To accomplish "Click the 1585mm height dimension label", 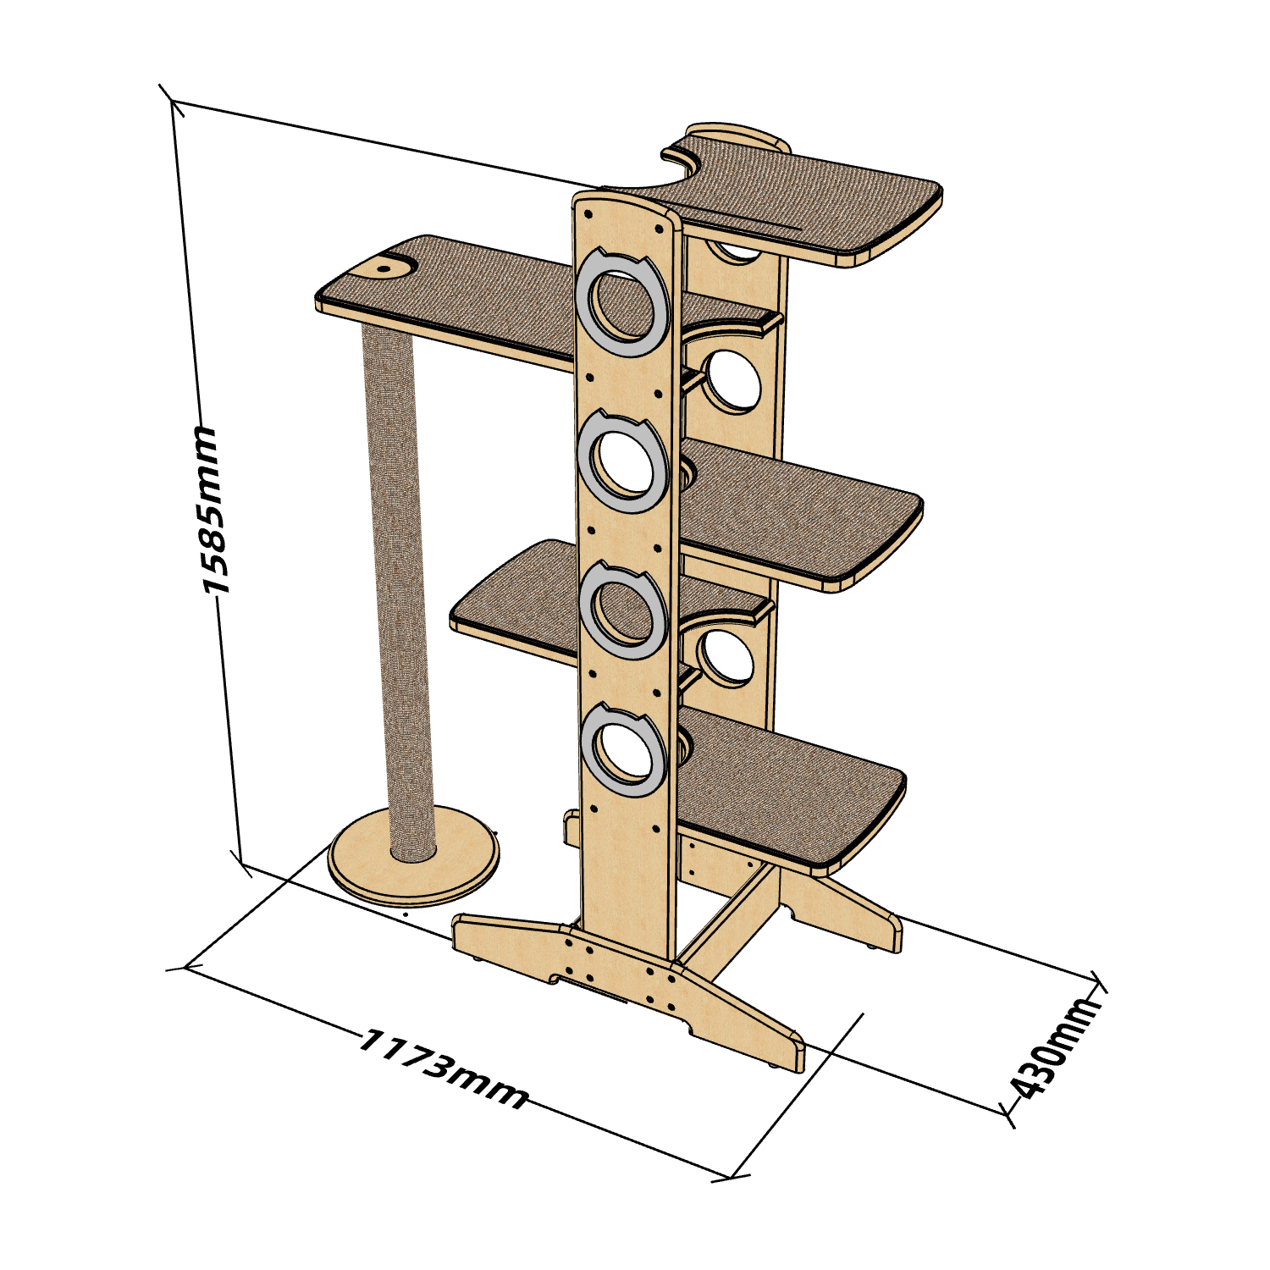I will point(210,510).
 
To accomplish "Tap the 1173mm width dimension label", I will point(444,1069).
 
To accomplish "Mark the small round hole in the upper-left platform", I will point(384,268).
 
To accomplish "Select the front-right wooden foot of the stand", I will point(745,1024).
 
